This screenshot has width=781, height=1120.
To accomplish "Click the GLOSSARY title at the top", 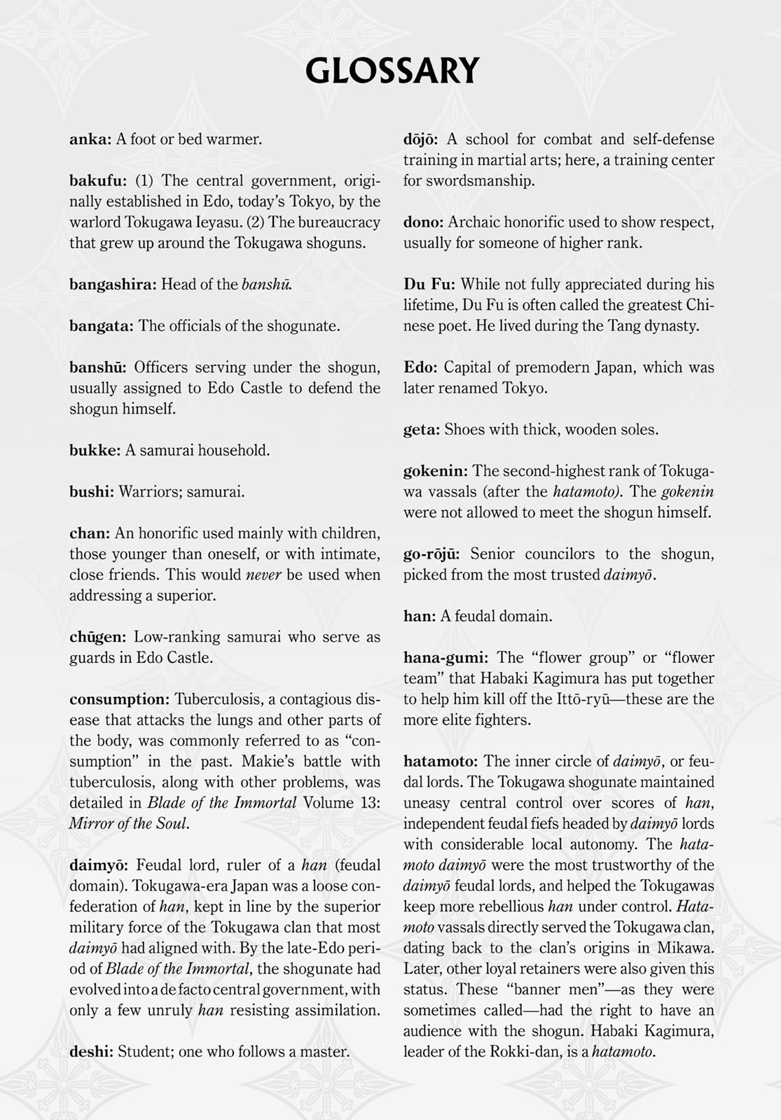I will (392, 71).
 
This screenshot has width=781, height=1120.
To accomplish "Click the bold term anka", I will (90, 139).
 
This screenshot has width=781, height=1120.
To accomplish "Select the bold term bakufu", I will (98, 181).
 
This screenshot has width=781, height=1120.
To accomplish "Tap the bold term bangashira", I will (113, 285).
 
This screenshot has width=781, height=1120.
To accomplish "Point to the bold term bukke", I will (95, 450).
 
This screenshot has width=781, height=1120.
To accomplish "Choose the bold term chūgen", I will (98, 637).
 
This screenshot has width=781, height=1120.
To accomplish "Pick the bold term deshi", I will (91, 1051).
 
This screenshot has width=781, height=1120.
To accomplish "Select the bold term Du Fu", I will (429, 284).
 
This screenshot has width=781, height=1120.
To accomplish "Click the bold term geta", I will (422, 430).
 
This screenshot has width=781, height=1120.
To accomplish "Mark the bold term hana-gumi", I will (446, 658).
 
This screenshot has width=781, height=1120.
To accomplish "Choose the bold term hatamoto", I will (441, 761).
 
